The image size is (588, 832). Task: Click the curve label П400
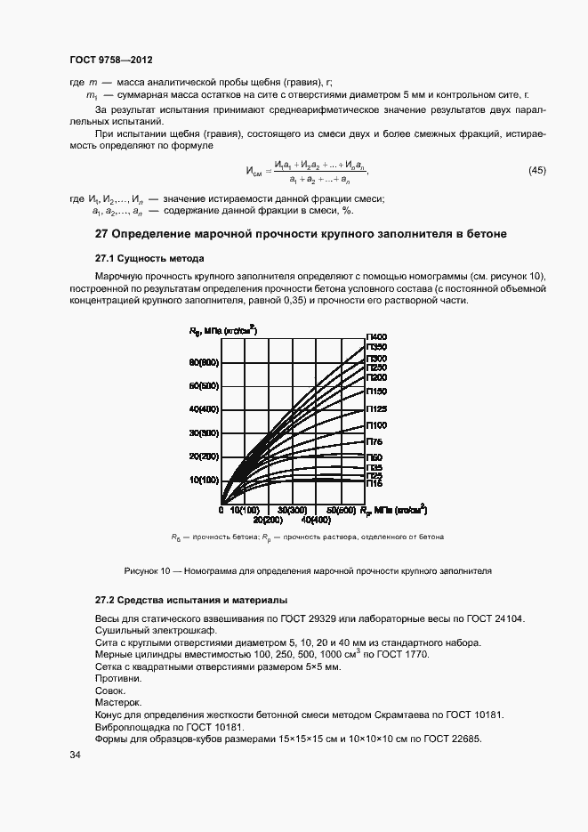pos(376,335)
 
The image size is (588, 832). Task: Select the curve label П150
pos(376,390)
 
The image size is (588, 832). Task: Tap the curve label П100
pos(376,425)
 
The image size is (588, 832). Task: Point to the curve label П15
pos(375,483)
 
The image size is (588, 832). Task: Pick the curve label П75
pos(375,441)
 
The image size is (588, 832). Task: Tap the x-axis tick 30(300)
pos(292,510)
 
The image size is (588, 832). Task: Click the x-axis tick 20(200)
pos(268,519)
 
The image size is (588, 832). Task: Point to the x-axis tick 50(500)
pos(341,510)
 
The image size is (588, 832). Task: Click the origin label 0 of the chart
pos(221,510)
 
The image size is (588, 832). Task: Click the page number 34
pos(76,755)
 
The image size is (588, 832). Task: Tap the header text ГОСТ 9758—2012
pos(111,60)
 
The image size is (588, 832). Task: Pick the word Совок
pos(110,690)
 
